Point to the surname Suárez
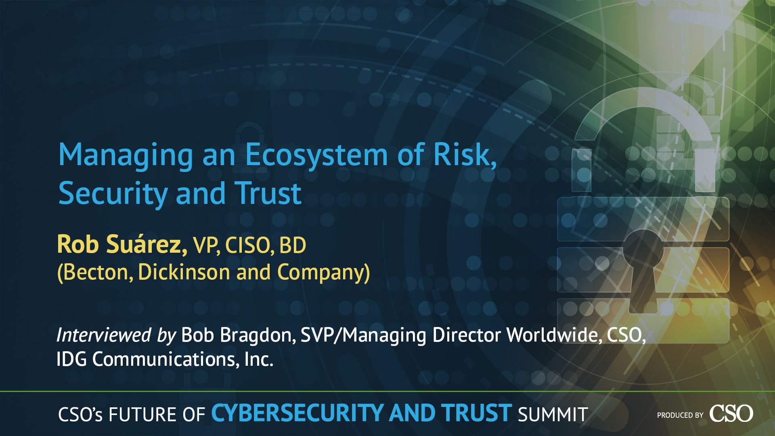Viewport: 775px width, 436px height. [x=147, y=244]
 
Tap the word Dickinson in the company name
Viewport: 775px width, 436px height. [x=184, y=272]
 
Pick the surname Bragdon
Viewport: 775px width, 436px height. [x=258, y=335]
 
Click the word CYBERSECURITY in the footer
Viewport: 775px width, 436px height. [x=297, y=413]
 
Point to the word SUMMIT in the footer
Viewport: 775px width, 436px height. [x=553, y=414]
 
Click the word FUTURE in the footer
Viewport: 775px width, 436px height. [x=142, y=415]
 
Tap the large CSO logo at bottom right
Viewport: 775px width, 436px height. [x=731, y=413]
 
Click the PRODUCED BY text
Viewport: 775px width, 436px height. [x=680, y=415]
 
